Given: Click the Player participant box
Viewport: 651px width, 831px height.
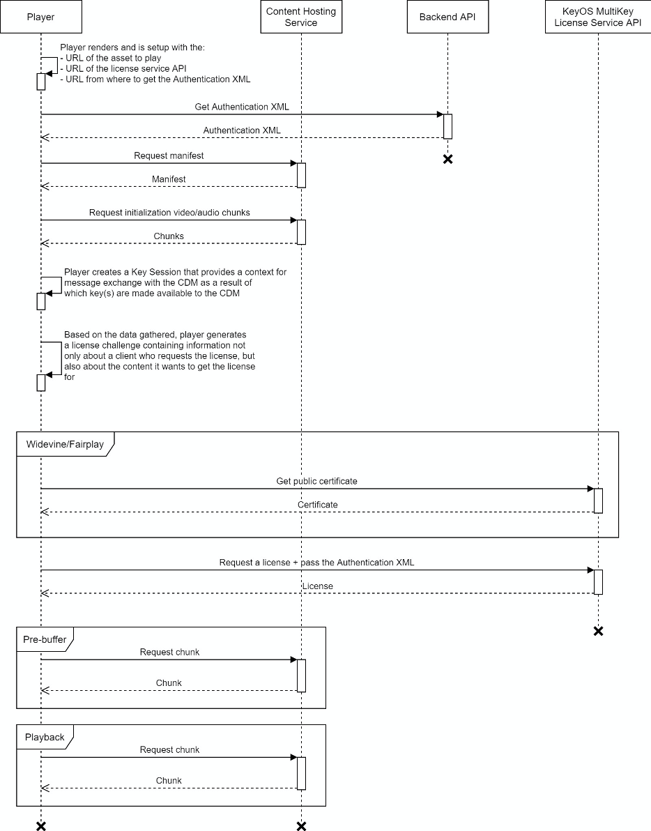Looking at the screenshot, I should [40, 17].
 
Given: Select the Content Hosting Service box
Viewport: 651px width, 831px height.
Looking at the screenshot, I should [301, 17].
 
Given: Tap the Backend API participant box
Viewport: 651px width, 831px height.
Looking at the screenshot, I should [447, 17].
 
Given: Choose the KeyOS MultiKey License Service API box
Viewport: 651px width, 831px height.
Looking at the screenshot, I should [597, 17].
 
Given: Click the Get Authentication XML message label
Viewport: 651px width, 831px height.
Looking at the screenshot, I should [242, 107].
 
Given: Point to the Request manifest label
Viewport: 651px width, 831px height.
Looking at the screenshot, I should [169, 155].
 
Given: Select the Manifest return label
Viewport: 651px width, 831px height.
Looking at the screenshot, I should [169, 179].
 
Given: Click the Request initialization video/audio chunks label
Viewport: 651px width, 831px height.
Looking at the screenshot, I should [169, 212].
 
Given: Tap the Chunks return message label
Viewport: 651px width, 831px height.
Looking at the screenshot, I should [169, 236].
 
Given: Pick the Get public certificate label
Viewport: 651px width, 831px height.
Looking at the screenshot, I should [317, 481].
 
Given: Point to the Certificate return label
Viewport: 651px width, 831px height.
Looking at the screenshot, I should [317, 505].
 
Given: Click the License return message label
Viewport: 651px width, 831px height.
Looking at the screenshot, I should [317, 586].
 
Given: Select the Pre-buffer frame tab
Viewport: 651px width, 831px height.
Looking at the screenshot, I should [44, 639].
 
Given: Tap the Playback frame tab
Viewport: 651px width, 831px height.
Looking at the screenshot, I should [44, 736].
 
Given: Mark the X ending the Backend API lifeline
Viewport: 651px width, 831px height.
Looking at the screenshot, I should [447, 160].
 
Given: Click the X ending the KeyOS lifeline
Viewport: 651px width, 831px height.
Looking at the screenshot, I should [597, 631].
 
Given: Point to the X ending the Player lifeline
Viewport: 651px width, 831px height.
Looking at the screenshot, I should [40, 826].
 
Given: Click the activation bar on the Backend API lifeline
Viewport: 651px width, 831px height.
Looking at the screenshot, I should [447, 126].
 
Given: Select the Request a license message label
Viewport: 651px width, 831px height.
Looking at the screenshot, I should [316, 562].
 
